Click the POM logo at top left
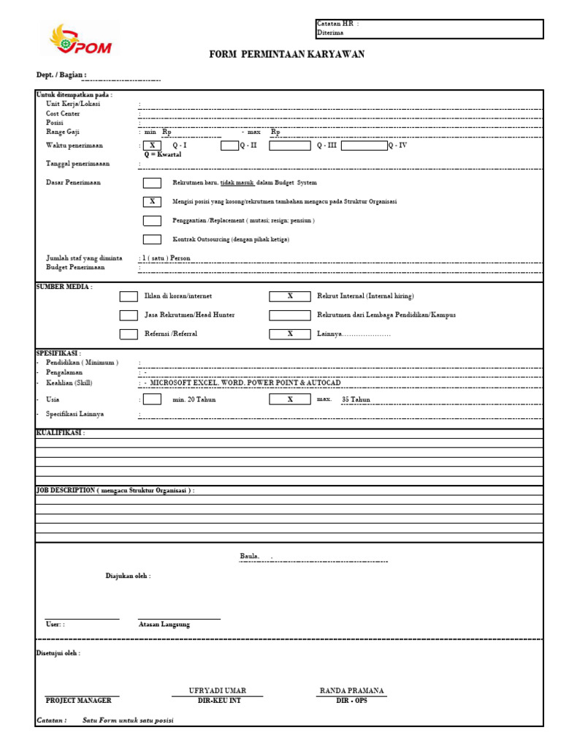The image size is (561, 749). click(80, 40)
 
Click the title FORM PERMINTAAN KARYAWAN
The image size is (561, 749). click(287, 55)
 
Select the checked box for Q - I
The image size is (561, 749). click(152, 146)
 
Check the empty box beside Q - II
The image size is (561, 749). click(229, 146)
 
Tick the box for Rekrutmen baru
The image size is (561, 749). click(152, 183)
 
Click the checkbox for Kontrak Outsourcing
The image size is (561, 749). click(152, 239)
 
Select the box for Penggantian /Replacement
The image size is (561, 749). click(152, 220)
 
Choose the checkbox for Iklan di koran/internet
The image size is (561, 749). click(129, 296)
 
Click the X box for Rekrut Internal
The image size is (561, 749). click(289, 296)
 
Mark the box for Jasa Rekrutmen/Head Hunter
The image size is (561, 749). click(129, 315)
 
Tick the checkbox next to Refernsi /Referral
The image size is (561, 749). click(129, 334)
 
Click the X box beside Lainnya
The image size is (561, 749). click(289, 334)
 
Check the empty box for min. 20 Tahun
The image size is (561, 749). click(152, 399)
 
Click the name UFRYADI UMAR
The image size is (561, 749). click(218, 690)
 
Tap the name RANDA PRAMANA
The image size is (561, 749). click(351, 690)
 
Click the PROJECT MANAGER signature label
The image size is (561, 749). click(78, 701)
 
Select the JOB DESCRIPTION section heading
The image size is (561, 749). click(115, 490)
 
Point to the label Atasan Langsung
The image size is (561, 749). click(164, 625)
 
